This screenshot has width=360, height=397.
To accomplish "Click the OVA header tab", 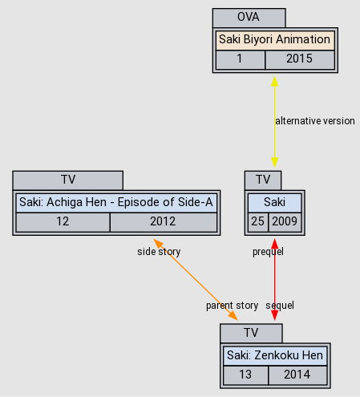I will click(x=249, y=18).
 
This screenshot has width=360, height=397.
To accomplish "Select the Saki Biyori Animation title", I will click(x=274, y=39).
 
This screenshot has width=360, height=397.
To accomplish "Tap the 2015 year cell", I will click(x=298, y=59).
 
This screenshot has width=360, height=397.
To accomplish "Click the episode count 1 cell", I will click(x=240, y=59).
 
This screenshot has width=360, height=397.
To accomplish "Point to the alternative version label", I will click(x=314, y=121).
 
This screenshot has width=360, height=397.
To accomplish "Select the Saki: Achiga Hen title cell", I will click(x=116, y=202).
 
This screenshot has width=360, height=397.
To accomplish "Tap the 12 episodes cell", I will click(x=63, y=222).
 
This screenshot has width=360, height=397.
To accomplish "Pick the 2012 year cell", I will click(x=163, y=222).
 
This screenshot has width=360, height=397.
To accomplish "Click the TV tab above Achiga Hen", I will click(x=67, y=180).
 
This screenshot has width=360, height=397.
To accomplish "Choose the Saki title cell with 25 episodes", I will click(x=274, y=202).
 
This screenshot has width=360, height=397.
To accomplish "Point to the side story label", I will click(x=159, y=252).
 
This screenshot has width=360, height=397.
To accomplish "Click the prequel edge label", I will click(x=268, y=252).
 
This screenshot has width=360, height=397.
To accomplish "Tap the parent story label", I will click(x=232, y=306).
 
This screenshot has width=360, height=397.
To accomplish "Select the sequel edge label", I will click(x=280, y=306).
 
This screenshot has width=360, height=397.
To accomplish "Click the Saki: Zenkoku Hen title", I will click(x=274, y=355).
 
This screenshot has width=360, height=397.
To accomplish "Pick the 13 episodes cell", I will click(x=245, y=375).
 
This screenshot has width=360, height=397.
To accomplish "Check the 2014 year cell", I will click(x=297, y=375).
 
